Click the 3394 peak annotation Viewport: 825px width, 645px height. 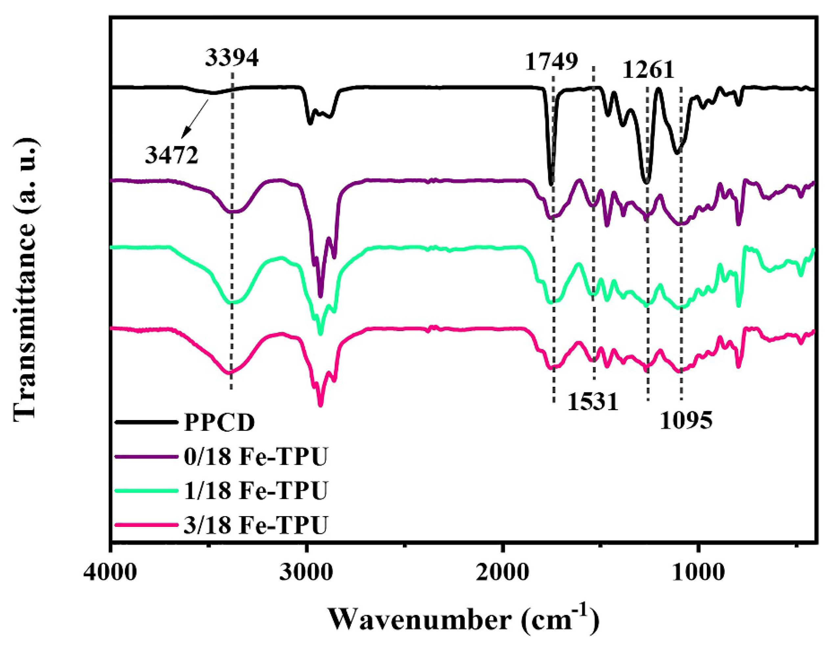tap(232, 59)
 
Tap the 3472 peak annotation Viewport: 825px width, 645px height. tap(172, 155)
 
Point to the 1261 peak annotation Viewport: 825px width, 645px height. tap(648, 70)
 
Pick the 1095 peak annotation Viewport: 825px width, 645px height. tap(686, 420)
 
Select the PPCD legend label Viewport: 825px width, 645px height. tap(219, 422)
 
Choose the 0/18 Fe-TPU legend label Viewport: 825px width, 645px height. tap(255, 457)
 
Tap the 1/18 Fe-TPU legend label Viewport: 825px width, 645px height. tap(255, 491)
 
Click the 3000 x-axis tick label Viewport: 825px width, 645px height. tap(306, 573)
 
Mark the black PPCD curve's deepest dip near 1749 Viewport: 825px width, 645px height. tap(551, 183)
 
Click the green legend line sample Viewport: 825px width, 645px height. tap(146, 491)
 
